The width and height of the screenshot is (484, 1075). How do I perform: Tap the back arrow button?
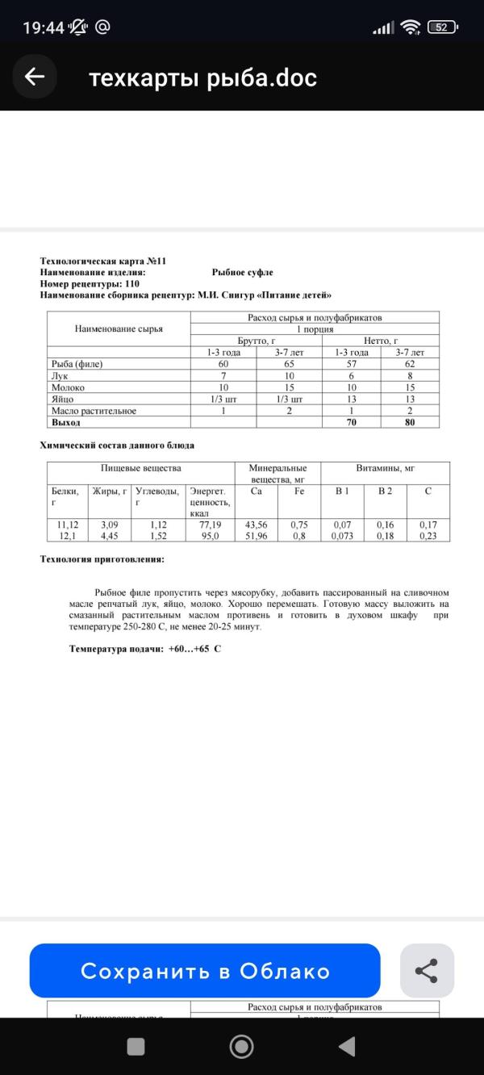[34, 77]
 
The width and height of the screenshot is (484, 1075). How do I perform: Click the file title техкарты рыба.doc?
[202, 77]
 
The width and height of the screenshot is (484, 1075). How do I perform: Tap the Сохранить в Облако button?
[205, 971]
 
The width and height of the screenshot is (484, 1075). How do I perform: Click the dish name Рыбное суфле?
[242, 273]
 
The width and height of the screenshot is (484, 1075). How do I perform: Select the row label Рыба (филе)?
[77, 364]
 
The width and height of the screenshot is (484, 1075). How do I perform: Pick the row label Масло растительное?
[94, 411]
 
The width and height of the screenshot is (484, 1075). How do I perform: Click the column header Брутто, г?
[257, 341]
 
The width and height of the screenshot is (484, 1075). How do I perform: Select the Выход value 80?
[410, 422]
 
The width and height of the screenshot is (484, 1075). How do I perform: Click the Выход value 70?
[351, 422]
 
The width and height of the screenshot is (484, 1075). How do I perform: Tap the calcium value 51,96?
[256, 535]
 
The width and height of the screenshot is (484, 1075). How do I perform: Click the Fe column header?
[298, 490]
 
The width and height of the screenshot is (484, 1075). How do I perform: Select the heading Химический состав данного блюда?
[117, 445]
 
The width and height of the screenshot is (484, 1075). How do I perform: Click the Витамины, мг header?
[385, 468]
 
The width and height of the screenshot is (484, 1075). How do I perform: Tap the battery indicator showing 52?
[441, 27]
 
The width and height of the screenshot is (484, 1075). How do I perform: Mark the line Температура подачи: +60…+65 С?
[144, 648]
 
